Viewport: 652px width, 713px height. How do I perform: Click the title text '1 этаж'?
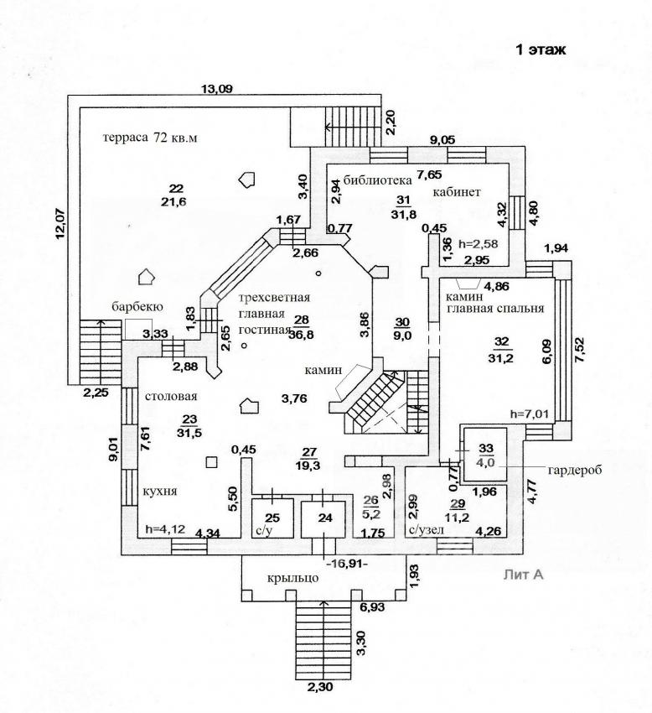pyautogui.click(x=541, y=50)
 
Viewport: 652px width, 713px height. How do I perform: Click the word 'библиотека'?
pyautogui.click(x=372, y=180)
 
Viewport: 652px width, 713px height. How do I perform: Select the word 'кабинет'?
pyautogui.click(x=457, y=192)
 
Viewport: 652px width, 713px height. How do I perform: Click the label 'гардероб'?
pyautogui.click(x=576, y=471)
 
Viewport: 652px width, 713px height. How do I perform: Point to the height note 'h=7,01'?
pyautogui.click(x=529, y=414)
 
